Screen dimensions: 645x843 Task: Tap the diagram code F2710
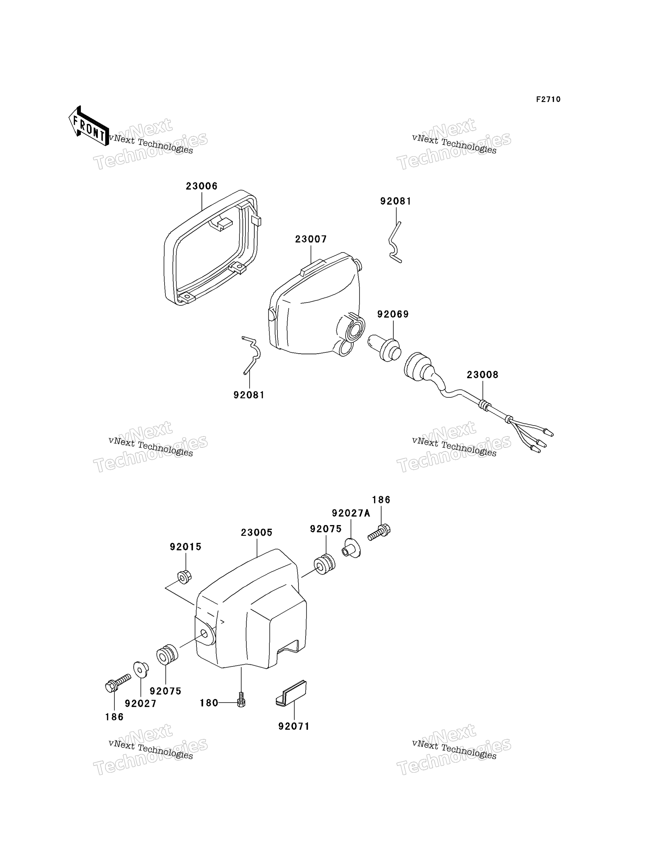click(x=548, y=99)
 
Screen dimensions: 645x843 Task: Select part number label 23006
click(x=202, y=186)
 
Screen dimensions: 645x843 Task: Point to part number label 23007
click(x=311, y=239)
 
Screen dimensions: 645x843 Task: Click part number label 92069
click(x=393, y=314)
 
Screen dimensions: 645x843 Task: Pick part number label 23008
click(x=483, y=375)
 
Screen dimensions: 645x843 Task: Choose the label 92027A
click(x=351, y=513)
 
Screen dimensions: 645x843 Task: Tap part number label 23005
click(x=257, y=532)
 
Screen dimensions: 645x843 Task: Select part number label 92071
click(x=294, y=726)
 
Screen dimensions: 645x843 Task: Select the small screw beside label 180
click(x=241, y=699)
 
